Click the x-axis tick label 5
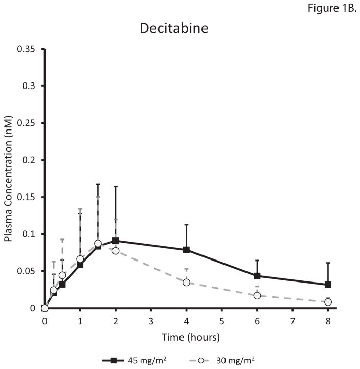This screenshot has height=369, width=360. [222, 320]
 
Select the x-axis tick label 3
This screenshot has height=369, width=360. [151, 320]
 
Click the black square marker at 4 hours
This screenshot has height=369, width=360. [187, 250]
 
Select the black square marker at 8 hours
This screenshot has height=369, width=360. [328, 285]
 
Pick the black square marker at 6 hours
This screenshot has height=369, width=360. [257, 276]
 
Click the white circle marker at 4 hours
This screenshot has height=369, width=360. [187, 283]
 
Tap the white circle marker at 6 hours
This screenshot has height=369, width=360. [257, 296]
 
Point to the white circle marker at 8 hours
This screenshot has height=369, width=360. [328, 302]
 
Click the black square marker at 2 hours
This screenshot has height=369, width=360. [116, 241]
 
